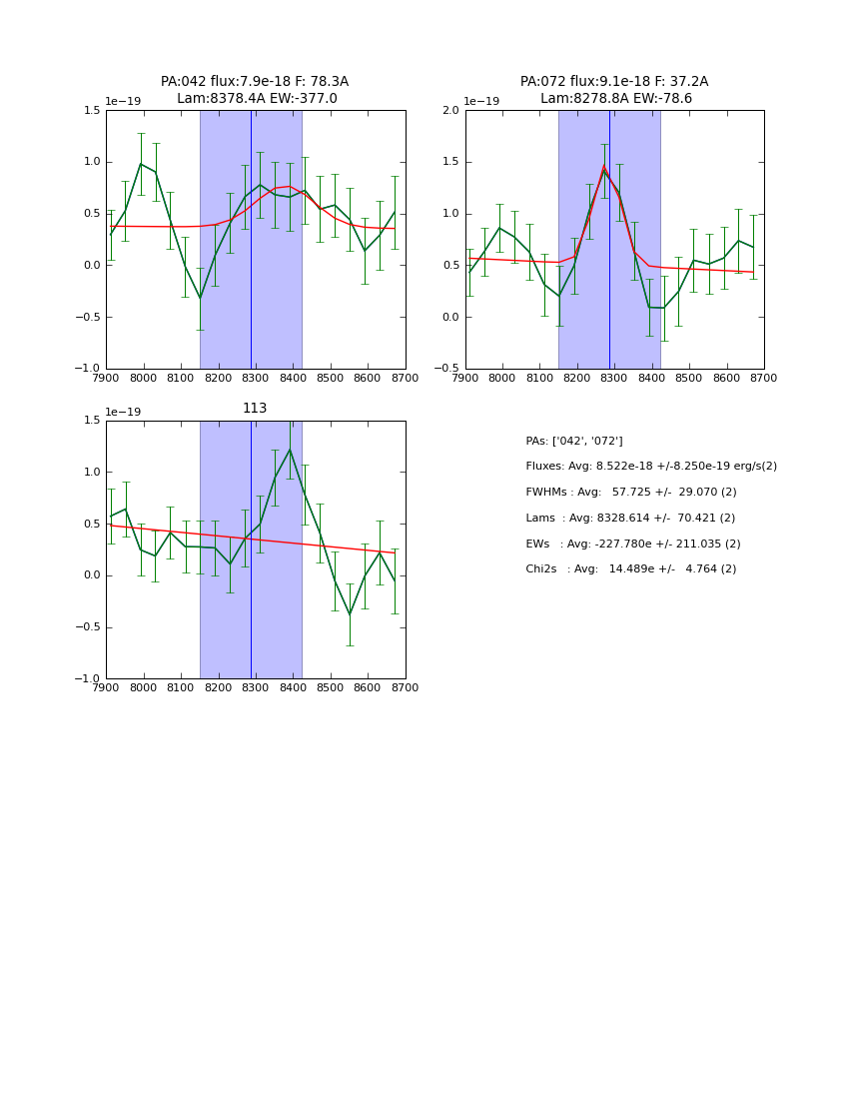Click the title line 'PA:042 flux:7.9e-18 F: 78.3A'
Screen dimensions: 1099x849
click(x=255, y=82)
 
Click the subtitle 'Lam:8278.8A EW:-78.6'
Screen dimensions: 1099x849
click(x=615, y=99)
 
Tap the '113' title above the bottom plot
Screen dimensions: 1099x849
click(x=255, y=409)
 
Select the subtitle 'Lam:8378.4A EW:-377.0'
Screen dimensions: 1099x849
click(x=257, y=99)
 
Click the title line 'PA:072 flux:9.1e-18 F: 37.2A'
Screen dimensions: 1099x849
click(x=614, y=82)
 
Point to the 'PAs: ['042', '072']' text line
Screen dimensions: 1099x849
click(x=574, y=441)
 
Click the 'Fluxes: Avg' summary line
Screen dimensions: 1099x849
click(x=651, y=467)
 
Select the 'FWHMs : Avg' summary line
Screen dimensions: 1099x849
click(x=631, y=493)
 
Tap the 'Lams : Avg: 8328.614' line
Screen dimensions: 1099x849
click(x=630, y=519)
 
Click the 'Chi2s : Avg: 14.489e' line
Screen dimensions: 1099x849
click(x=631, y=569)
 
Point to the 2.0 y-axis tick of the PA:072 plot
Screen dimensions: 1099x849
click(x=450, y=110)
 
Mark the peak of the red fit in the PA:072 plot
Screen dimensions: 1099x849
click(x=603, y=166)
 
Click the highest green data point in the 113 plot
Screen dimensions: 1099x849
click(x=290, y=450)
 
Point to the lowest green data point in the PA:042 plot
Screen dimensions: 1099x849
click(x=200, y=298)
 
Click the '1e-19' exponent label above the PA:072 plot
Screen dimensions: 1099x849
click(x=482, y=102)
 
